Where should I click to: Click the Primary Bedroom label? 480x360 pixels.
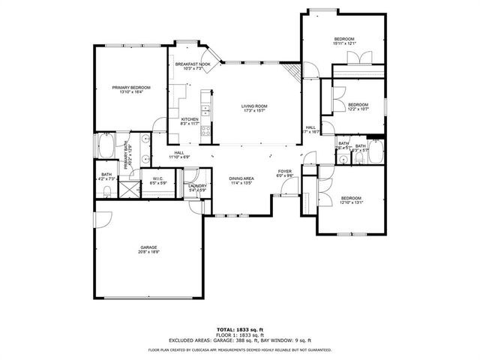[x=131, y=88]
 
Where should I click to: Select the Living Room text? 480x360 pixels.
[x=254, y=106]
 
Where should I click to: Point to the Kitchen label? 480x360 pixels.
[x=189, y=119]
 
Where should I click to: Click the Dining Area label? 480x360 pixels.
[x=242, y=178]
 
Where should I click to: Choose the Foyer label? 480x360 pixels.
[x=284, y=172]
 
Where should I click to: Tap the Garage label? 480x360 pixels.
[x=148, y=247]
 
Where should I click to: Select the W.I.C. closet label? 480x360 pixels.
[x=157, y=178]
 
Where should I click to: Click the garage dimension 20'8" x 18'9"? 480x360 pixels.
[x=148, y=252]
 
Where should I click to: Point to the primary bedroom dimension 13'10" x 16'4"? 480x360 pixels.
[x=131, y=93]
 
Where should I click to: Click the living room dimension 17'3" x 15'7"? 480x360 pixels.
[x=254, y=111]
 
